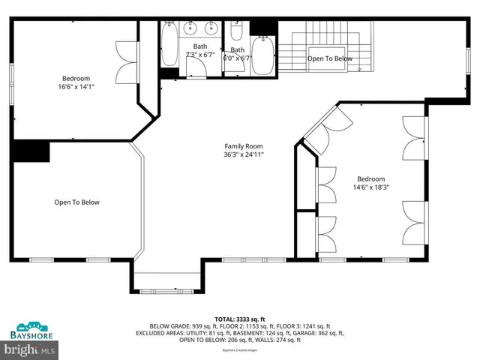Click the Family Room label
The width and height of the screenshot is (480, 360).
(244, 146)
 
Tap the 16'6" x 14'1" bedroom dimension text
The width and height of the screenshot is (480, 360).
(76, 87)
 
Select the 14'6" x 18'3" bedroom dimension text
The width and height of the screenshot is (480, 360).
(371, 187)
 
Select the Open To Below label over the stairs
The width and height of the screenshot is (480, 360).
(331, 58)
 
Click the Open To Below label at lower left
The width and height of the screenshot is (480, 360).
(76, 202)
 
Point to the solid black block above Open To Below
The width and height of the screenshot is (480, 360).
(30, 151)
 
